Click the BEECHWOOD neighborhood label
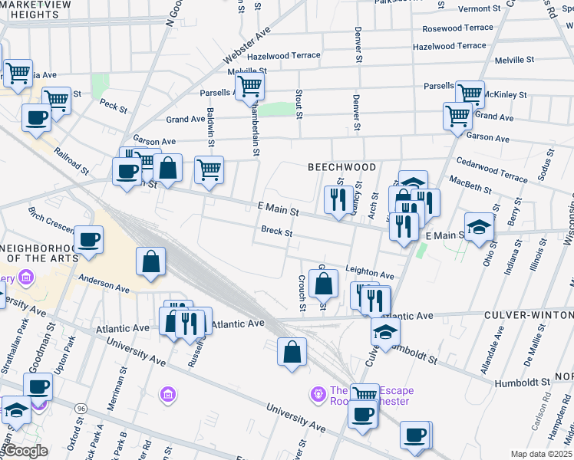click(x=341, y=167)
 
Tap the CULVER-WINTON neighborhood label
click(x=529, y=315)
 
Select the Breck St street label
click(x=276, y=231)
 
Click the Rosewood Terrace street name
click(x=458, y=28)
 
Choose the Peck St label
click(x=113, y=107)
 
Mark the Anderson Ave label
click(x=104, y=284)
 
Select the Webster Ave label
click(x=247, y=47)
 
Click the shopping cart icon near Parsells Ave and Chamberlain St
click(x=249, y=87)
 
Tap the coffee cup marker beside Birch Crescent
click(x=90, y=239)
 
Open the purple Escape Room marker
click(x=318, y=395)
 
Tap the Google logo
click(x=25, y=451)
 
